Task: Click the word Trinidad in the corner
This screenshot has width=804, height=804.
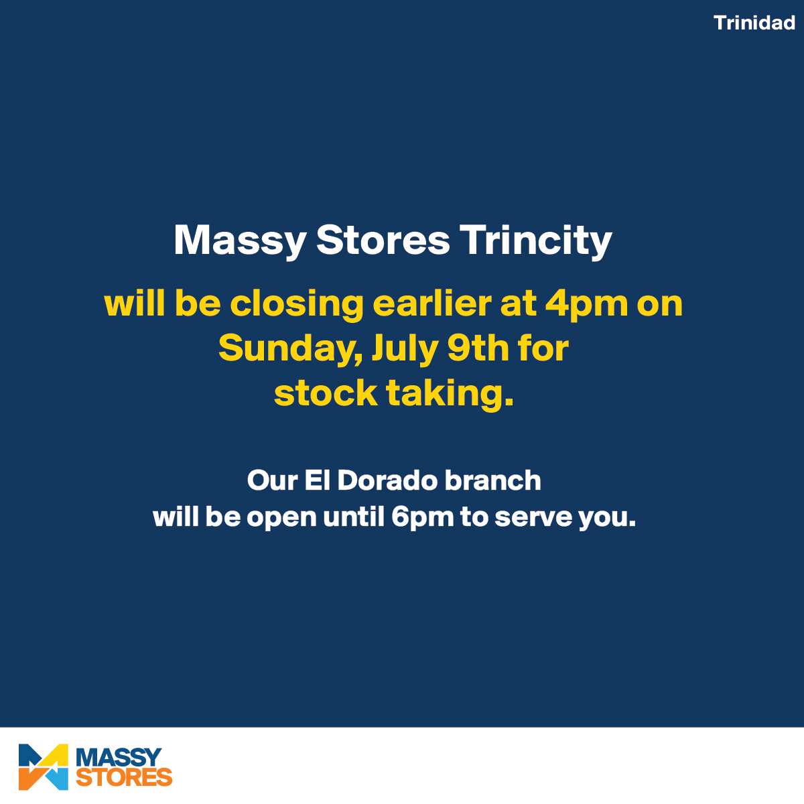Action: (754, 23)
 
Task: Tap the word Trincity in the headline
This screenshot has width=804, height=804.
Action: (536, 242)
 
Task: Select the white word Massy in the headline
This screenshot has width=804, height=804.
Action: (241, 242)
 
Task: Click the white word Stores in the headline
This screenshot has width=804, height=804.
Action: (383, 241)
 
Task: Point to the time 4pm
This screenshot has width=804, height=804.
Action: (587, 306)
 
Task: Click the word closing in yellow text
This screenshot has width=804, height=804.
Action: (297, 304)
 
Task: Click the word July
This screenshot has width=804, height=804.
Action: (405, 350)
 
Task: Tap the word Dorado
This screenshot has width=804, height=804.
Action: (387, 480)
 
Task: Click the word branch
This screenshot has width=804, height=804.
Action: (492, 480)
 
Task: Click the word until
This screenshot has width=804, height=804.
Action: (353, 517)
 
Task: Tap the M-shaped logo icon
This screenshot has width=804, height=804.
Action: (44, 767)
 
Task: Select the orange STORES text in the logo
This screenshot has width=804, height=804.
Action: (124, 777)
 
